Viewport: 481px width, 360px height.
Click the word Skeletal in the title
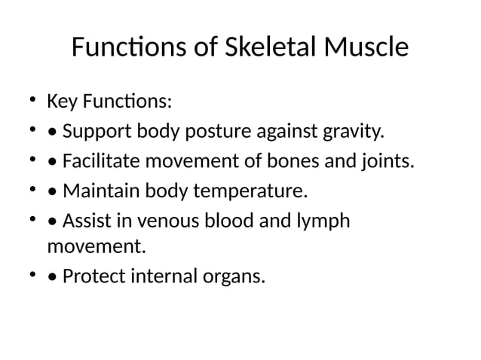[274, 48]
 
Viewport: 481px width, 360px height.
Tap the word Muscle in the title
[368, 48]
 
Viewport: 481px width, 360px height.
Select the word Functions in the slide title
[123, 48]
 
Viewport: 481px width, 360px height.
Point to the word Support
[98, 133]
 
